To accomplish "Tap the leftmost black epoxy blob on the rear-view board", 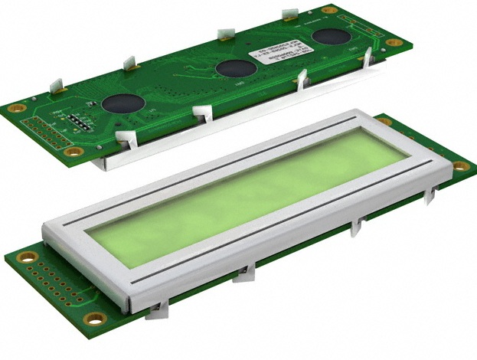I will coord(120,103).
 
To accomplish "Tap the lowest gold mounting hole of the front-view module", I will coord(94,319).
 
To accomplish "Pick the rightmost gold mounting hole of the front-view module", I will coord(460,166).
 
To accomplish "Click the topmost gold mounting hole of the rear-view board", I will coord(329,10).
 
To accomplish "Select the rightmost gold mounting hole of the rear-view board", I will coord(394,42).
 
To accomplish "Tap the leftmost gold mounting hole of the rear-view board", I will coord(13,108).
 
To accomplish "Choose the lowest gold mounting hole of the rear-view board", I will coord(74,152).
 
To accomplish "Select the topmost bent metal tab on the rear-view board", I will coord(290,14).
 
